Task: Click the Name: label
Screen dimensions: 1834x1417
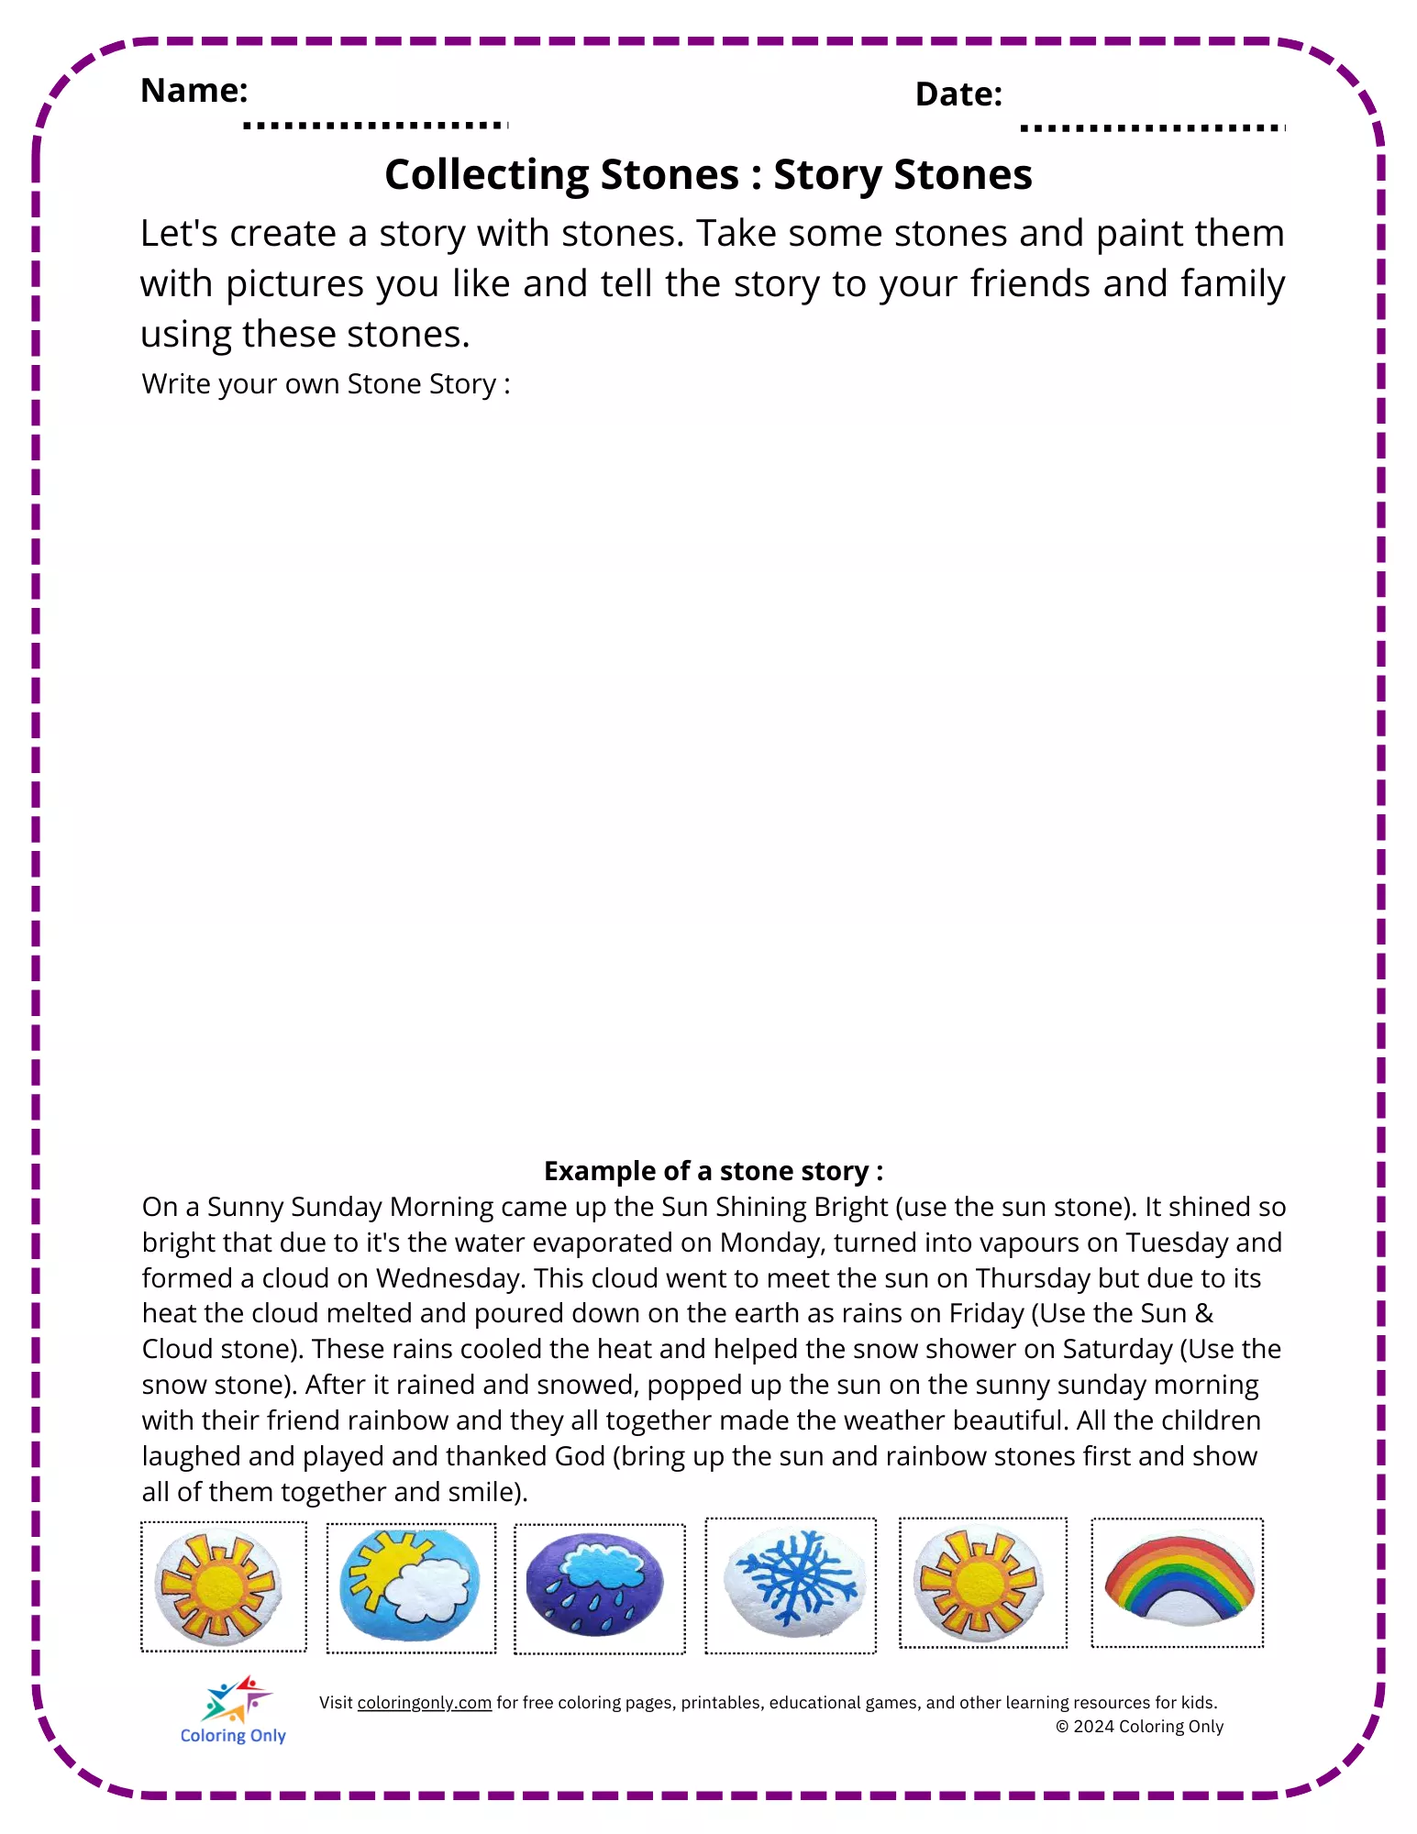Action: (194, 91)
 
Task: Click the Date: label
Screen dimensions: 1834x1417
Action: (958, 94)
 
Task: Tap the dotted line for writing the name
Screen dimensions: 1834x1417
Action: (375, 125)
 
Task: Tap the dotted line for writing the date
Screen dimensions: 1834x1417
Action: (1152, 127)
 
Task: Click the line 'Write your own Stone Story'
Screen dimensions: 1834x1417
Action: (326, 384)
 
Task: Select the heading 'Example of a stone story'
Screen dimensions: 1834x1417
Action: (713, 1171)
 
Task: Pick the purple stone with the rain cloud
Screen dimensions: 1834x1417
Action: (594, 1586)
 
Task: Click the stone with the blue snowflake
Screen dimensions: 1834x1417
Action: (792, 1584)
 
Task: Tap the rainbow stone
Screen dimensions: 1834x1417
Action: (1179, 1579)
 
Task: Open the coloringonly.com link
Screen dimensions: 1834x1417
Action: (424, 1703)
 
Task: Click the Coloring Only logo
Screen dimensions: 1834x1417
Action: (234, 1711)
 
